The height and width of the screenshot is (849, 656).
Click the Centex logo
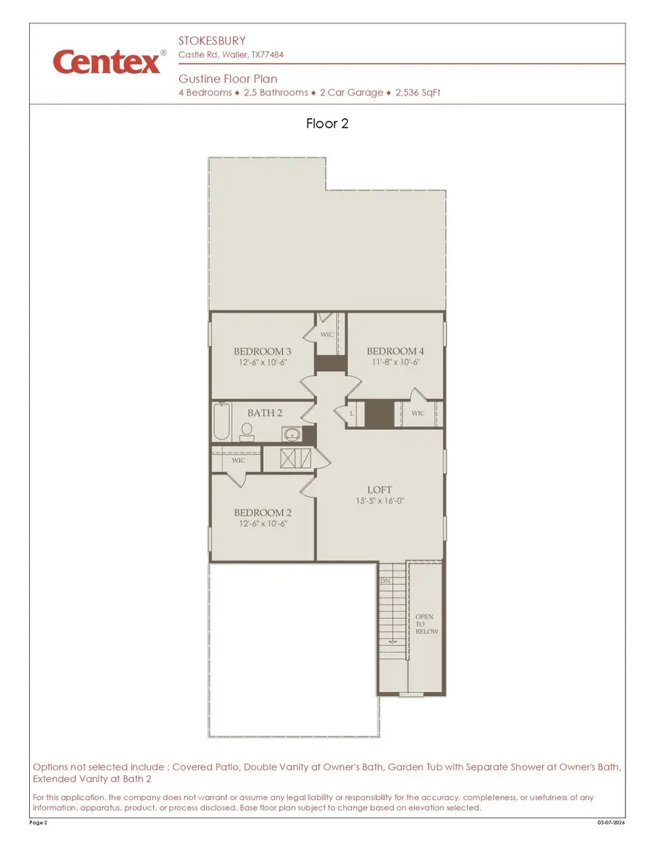(x=107, y=61)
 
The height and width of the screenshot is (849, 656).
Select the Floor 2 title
(x=327, y=123)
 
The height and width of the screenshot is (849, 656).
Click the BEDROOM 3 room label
(x=262, y=351)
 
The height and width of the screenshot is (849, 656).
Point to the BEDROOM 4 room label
(x=395, y=351)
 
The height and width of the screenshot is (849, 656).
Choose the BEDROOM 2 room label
(x=262, y=513)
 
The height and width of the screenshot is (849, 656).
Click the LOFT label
(x=379, y=490)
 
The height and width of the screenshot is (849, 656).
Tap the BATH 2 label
(x=264, y=413)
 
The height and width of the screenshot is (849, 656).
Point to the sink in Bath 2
(x=293, y=435)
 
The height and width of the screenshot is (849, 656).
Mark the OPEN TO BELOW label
(x=426, y=625)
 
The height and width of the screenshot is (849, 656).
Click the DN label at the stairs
(x=386, y=582)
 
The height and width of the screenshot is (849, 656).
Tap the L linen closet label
(x=353, y=414)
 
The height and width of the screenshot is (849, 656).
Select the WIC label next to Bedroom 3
(x=327, y=334)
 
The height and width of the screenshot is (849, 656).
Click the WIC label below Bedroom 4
(x=418, y=413)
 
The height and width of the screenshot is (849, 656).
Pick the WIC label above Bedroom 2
(x=238, y=461)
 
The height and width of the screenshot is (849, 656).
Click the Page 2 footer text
(x=38, y=823)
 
